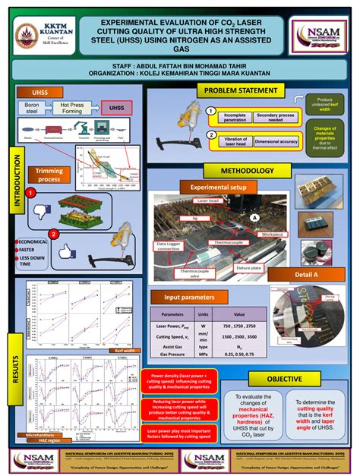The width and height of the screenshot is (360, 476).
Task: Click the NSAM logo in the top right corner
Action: click(320, 34)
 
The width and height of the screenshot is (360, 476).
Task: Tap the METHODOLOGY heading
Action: click(247, 171)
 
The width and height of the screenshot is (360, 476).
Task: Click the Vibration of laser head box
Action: click(229, 141)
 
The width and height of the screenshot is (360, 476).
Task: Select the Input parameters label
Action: click(186, 297)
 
